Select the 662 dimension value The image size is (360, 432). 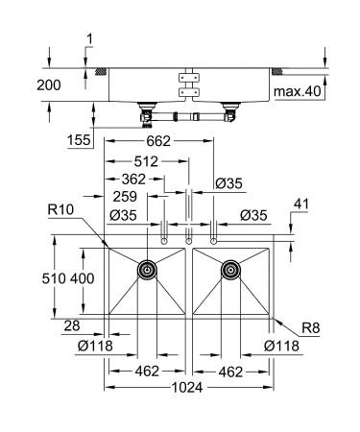tap(159, 141)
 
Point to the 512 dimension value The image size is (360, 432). tap(146, 161)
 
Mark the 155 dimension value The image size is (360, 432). tap(81, 141)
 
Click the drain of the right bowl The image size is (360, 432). tap(230, 272)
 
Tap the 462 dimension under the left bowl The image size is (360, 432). tap(146, 369)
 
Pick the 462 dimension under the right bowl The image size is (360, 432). tap(230, 369)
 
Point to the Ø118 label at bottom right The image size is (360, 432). tap(282, 348)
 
